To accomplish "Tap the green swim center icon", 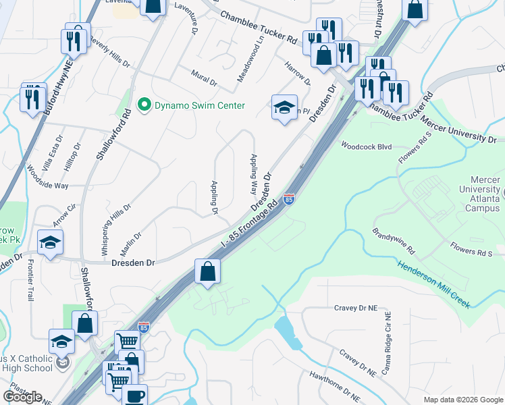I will click(x=143, y=105).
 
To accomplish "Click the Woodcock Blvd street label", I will click(x=367, y=146).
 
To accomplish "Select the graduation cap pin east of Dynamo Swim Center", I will click(x=284, y=107).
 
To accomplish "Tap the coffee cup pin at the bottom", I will click(x=134, y=395).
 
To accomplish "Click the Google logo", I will click(x=22, y=396).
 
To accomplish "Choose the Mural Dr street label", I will click(x=204, y=81).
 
